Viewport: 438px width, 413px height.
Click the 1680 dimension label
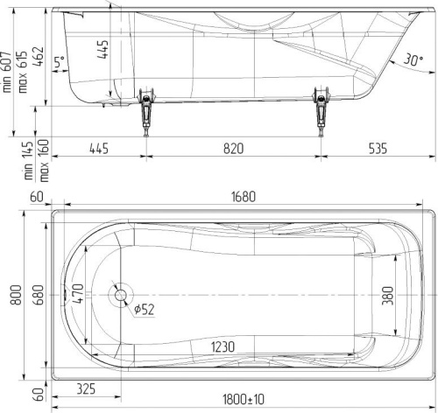244,197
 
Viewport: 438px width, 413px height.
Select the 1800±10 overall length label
244,399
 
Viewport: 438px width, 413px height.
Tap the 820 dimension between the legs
233,149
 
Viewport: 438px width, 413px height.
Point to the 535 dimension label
378,149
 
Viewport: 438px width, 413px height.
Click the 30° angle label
413,60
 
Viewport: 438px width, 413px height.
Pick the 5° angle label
60,62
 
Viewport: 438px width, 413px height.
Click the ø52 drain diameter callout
144,310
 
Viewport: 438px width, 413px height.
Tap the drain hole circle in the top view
120,295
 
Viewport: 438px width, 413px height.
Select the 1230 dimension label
223,346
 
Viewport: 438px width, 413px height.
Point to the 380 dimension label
388,296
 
